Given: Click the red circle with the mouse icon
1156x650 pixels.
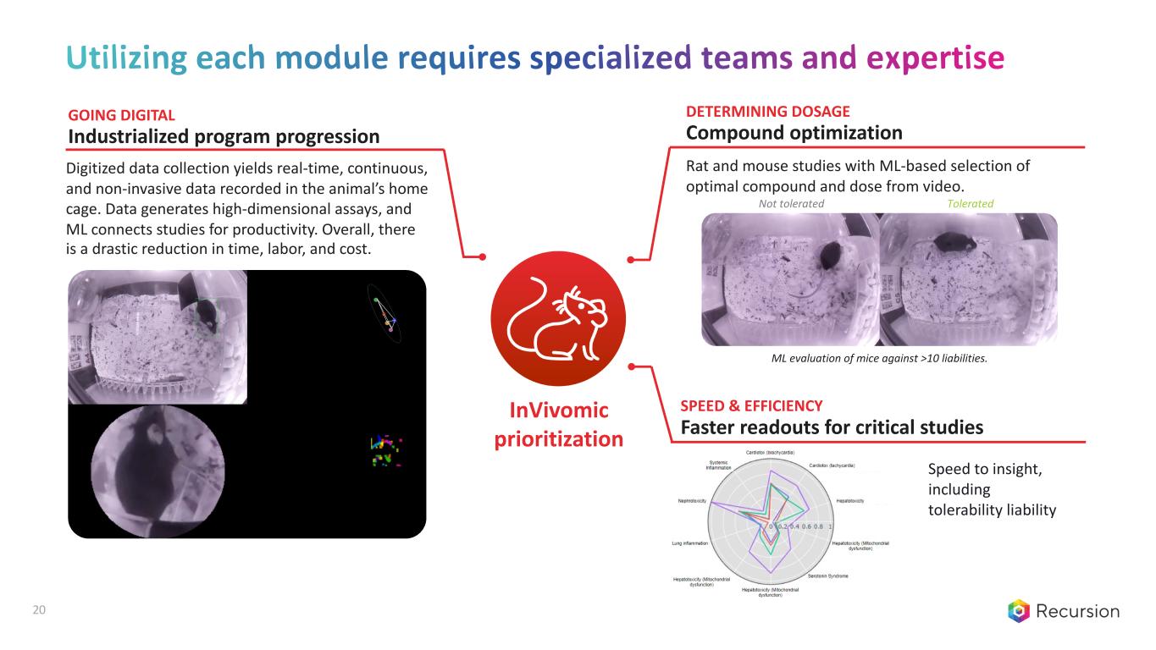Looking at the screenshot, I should [557, 323].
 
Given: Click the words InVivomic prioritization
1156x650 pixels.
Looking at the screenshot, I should [558, 425].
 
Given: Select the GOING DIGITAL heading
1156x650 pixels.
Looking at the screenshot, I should [121, 114].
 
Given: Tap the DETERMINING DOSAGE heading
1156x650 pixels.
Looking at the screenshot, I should [767, 111].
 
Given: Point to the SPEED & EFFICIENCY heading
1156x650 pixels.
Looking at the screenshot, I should [751, 405].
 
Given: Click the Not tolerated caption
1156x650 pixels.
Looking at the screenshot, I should [791, 204].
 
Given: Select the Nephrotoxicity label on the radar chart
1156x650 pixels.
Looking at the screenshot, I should [693, 501].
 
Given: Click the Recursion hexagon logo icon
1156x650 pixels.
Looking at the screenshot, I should [1019, 611].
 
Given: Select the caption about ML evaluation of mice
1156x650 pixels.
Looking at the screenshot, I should [879, 359].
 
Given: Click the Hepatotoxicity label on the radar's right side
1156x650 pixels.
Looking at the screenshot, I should [849, 501].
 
